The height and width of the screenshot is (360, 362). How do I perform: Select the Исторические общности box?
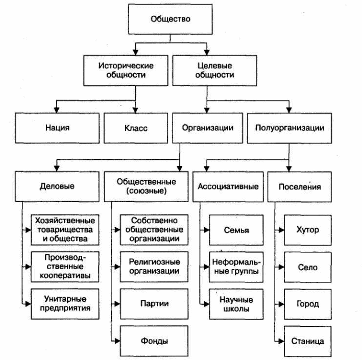click(x=126, y=70)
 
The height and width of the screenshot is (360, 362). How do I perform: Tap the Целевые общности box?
click(x=215, y=70)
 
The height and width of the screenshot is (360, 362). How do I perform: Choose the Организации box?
click(x=208, y=128)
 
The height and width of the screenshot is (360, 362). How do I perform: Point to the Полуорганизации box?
click(x=289, y=128)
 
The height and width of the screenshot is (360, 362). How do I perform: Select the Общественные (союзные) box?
click(x=147, y=186)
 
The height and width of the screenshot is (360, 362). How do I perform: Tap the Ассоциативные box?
click(x=228, y=186)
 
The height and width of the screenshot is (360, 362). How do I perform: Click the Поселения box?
click(x=300, y=186)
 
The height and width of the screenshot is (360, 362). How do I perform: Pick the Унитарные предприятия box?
click(x=64, y=303)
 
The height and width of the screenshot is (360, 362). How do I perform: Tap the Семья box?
click(x=236, y=230)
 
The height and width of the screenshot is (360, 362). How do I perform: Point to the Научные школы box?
click(x=236, y=303)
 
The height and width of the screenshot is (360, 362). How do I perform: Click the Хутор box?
click(x=307, y=230)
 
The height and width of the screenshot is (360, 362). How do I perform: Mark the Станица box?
click(x=307, y=340)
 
